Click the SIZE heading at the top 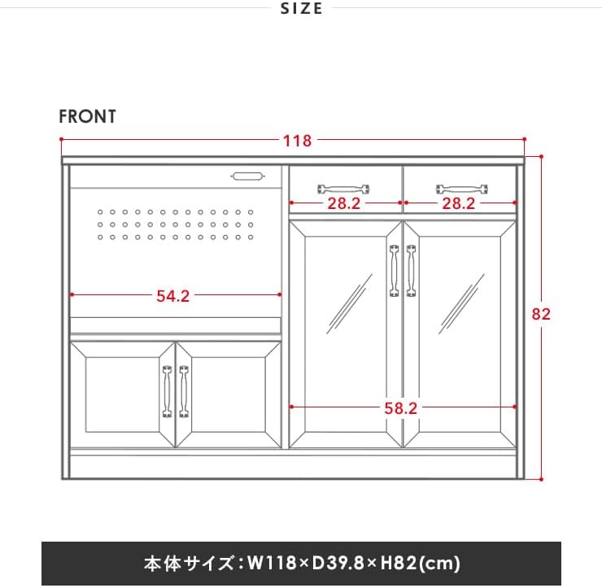[x=301, y=9]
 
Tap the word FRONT [x=87, y=116]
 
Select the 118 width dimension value [x=297, y=141]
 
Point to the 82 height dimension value [x=541, y=314]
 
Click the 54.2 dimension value [x=172, y=296]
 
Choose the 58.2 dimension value [x=400, y=408]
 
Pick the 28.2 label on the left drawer [x=343, y=204]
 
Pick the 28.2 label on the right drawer [x=458, y=204]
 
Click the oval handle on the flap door [x=247, y=175]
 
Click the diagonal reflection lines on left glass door [x=348, y=303]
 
